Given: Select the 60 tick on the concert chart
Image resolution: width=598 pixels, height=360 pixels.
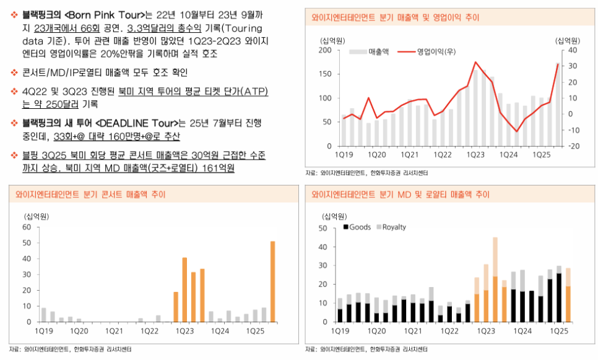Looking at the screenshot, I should click(27, 227).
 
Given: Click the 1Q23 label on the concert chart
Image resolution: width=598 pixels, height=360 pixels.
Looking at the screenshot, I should click(186, 332).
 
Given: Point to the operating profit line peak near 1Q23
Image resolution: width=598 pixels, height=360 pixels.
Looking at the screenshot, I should click(475, 62).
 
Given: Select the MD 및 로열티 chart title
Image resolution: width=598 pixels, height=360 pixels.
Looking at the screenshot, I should click(401, 194).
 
